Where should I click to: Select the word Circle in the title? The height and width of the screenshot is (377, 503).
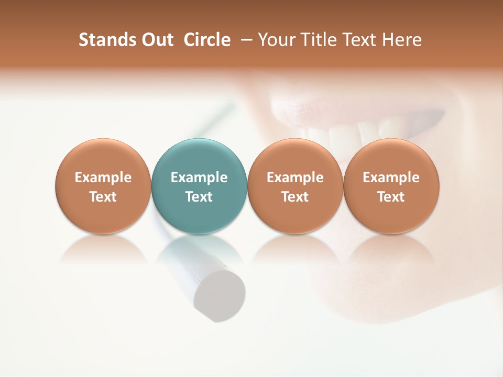pyautogui.click(x=207, y=40)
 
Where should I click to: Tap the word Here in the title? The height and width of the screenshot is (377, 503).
pyautogui.click(x=401, y=40)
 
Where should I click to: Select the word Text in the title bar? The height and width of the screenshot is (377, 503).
pyautogui.click(x=359, y=40)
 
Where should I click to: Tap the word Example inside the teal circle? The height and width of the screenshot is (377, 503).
pyautogui.click(x=199, y=178)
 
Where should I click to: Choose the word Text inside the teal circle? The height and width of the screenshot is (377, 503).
pyautogui.click(x=199, y=197)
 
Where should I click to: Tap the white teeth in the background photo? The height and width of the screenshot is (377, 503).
pyautogui.click(x=362, y=134)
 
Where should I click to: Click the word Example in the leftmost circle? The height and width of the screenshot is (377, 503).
pyautogui.click(x=103, y=178)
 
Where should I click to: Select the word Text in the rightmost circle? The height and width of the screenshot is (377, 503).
pyautogui.click(x=391, y=197)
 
